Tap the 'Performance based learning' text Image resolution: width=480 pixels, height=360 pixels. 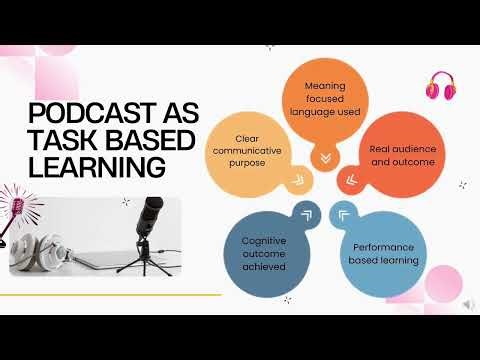tap(384, 254)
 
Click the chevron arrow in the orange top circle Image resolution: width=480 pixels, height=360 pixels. tap(324, 157)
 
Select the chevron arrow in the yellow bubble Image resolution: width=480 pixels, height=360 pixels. tap(294, 180)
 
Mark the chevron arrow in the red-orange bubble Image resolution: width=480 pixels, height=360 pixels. tap(350, 179)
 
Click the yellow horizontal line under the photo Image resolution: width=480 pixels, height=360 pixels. tap(110, 295)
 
